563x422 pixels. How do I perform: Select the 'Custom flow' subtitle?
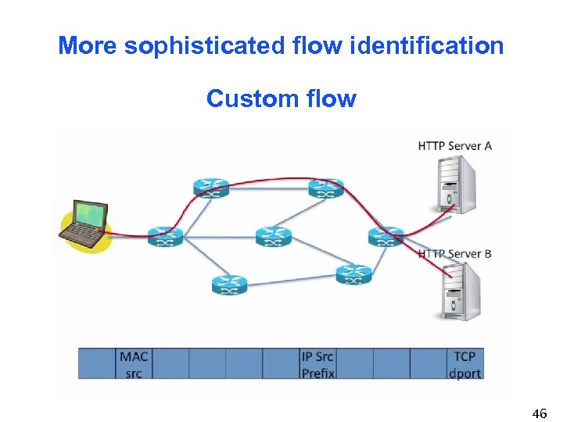click(x=281, y=99)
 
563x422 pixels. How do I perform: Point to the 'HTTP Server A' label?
click(x=454, y=146)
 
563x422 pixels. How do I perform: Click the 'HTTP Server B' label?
click(x=454, y=254)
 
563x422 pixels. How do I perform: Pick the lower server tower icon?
click(x=460, y=291)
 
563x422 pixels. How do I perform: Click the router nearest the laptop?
click(x=164, y=236)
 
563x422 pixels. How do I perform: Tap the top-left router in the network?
click(x=211, y=188)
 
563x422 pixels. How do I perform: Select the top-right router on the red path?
click(x=325, y=188)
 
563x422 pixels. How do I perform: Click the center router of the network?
click(x=273, y=235)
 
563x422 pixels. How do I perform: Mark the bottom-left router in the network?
click(x=229, y=285)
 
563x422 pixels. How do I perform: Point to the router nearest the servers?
click(x=386, y=236)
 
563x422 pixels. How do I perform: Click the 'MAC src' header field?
click(x=134, y=364)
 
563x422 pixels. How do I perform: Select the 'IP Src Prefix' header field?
click(x=317, y=364)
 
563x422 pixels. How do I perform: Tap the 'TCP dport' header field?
click(x=464, y=364)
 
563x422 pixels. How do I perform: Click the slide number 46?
click(x=539, y=413)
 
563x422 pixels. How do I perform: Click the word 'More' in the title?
click(x=87, y=46)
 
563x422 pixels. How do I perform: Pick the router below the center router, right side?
click(x=353, y=274)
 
